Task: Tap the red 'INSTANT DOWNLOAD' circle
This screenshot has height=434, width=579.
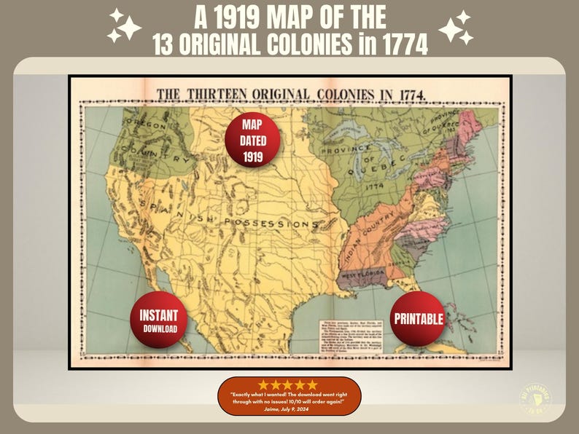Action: [x=159, y=319]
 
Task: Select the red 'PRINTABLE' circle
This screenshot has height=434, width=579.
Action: [x=418, y=319]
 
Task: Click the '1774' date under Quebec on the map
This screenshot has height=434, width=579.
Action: [x=374, y=186]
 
